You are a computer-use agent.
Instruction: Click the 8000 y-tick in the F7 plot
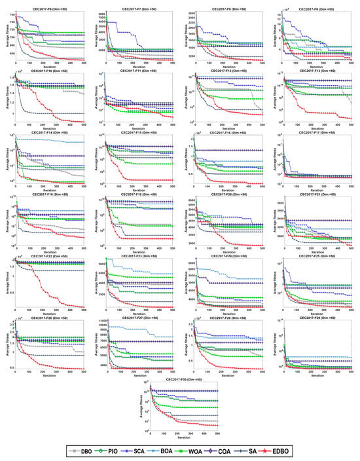(x=101, y=14)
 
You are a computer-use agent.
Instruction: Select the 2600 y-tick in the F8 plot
(x=191, y=14)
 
